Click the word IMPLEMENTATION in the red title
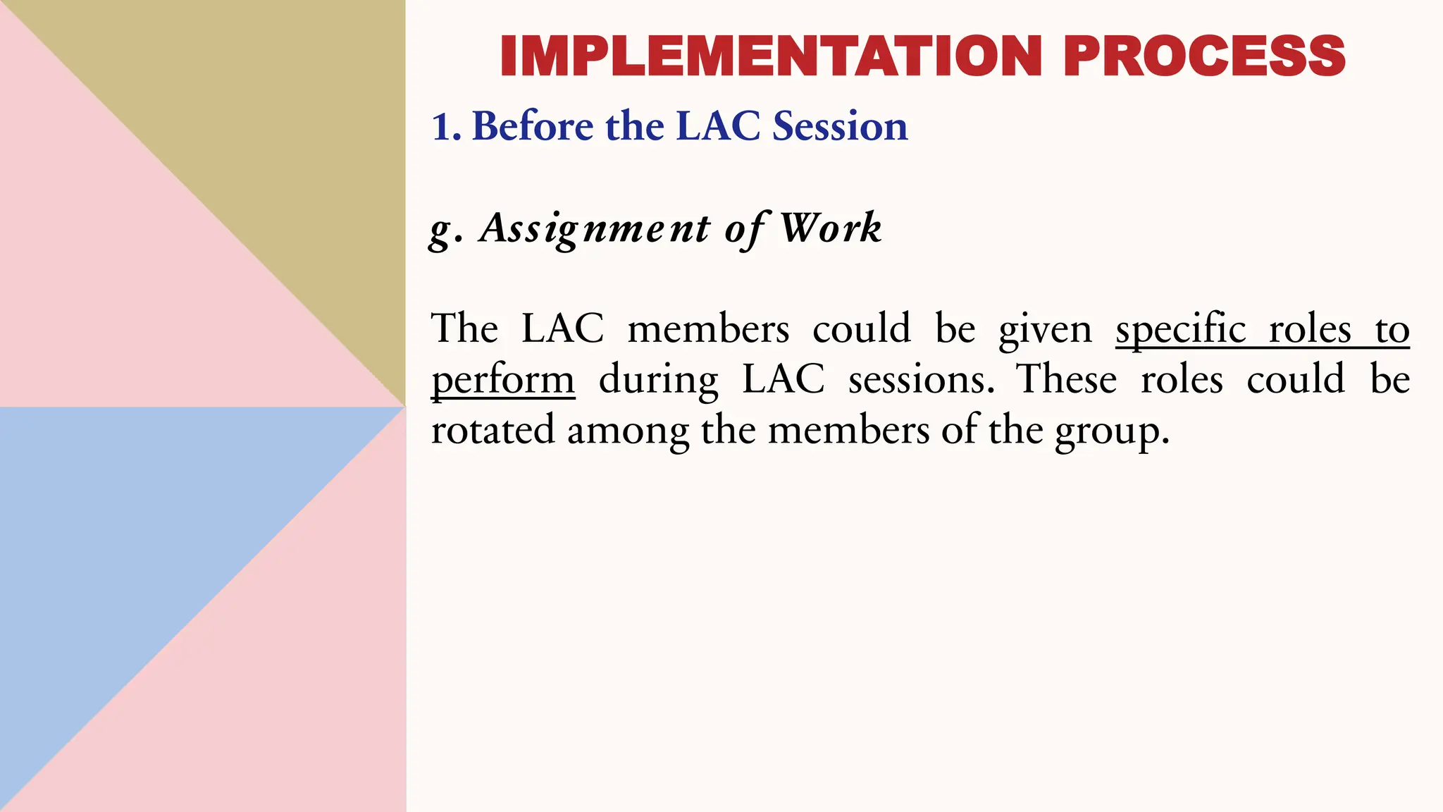pyautogui.click(x=771, y=56)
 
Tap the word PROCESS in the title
pyautogui.click(x=1204, y=56)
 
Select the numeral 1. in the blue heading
pyautogui.click(x=446, y=127)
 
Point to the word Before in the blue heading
pyautogui.click(x=533, y=127)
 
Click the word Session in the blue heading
pyautogui.click(x=840, y=127)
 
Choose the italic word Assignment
pyautogui.click(x=595, y=228)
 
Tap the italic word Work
pyautogui.click(x=831, y=228)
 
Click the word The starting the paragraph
pyautogui.click(x=464, y=328)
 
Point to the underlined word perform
pyautogui.click(x=503, y=381)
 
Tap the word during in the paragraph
pyautogui.click(x=658, y=381)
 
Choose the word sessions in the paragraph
pyautogui.click(x=921, y=379)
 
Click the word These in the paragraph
pyautogui.click(x=1066, y=379)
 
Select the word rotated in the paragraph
pyautogui.click(x=493, y=430)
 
